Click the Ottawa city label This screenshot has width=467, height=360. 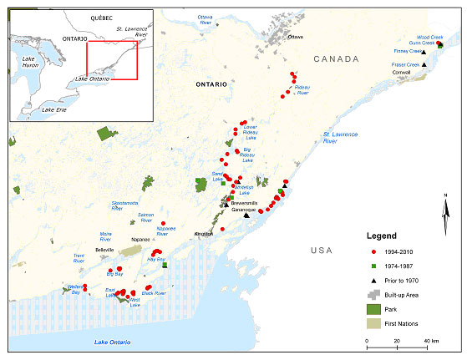pyautogui.click(x=296, y=38)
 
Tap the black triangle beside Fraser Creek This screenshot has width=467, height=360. pyautogui.click(x=424, y=65)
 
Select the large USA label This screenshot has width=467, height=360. pyautogui.click(x=321, y=250)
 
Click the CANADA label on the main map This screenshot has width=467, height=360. pyautogui.click(x=336, y=58)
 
